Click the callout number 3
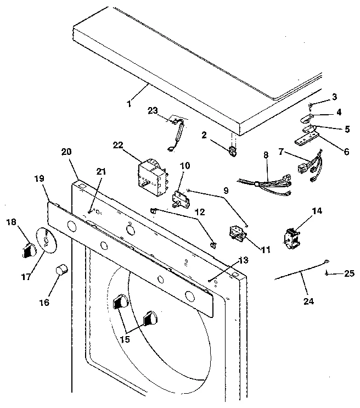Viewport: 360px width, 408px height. pos(335,97)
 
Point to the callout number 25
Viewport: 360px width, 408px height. pos(350,273)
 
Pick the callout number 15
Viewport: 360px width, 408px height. pos(125,339)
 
